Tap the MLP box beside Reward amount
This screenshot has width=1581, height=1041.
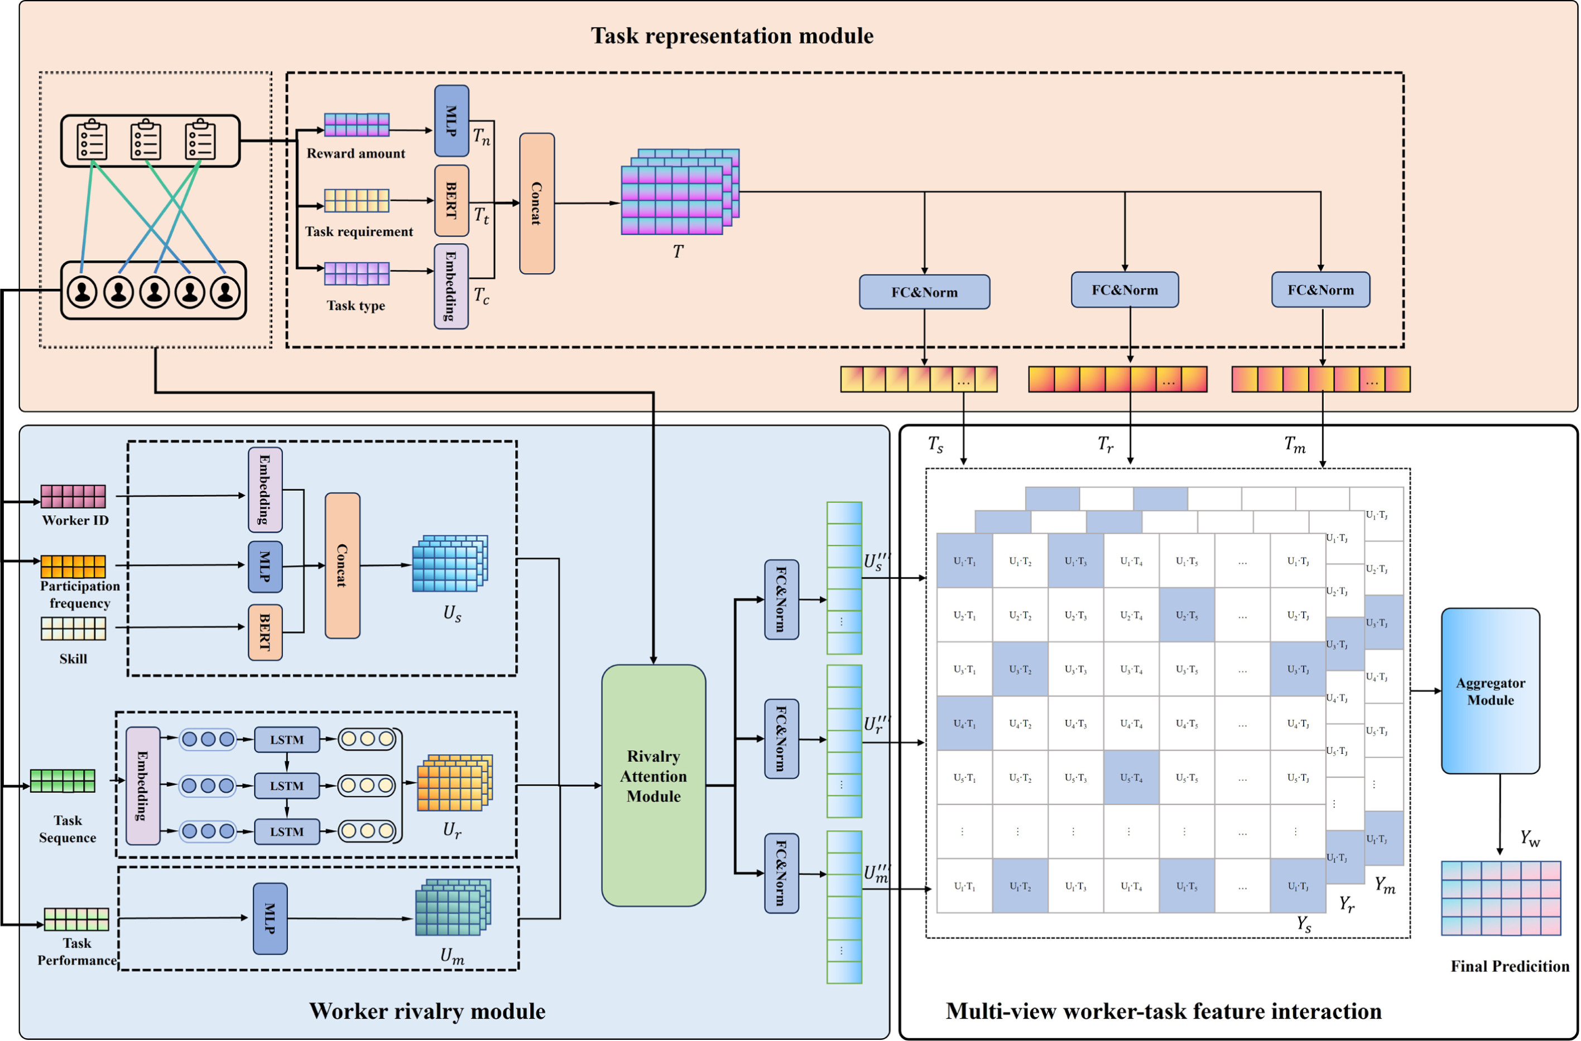(x=451, y=121)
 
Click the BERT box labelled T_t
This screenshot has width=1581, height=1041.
(x=451, y=201)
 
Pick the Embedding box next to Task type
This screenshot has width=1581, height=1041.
(x=451, y=286)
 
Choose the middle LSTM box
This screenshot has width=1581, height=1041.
(x=286, y=786)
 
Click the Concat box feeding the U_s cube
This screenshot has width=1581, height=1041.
(x=342, y=565)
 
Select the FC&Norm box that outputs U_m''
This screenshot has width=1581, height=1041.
(x=781, y=873)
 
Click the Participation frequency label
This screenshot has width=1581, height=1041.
(x=80, y=594)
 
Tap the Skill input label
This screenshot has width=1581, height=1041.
(x=73, y=659)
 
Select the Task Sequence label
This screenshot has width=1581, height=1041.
(x=68, y=829)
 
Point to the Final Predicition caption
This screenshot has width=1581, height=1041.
(x=1509, y=966)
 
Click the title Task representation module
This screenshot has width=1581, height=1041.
(x=732, y=36)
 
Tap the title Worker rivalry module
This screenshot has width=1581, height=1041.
(x=427, y=1011)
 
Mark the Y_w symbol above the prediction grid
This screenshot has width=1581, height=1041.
(x=1530, y=839)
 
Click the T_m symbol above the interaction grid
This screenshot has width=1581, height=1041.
(x=1294, y=444)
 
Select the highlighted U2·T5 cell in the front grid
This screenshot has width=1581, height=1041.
(x=1186, y=616)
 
